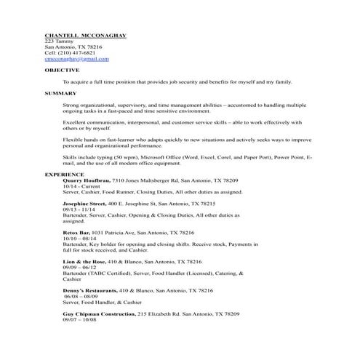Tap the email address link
(76, 59)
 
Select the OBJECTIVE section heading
(62, 71)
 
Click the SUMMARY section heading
(60, 93)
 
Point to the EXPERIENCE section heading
(65, 175)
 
